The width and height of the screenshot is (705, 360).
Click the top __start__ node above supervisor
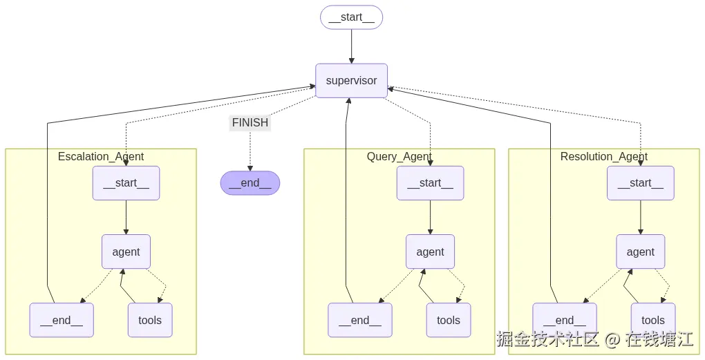tap(351, 17)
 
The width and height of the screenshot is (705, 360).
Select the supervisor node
tap(351, 81)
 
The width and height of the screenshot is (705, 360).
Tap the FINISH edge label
tap(250, 123)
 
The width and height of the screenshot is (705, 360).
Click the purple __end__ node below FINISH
tap(250, 183)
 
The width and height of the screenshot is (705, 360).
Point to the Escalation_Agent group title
tap(101, 156)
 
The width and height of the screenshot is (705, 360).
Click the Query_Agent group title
tap(399, 156)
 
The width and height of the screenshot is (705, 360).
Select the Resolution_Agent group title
tap(603, 156)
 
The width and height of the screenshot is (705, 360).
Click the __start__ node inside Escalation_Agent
tap(126, 183)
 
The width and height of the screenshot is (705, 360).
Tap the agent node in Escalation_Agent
tap(126, 252)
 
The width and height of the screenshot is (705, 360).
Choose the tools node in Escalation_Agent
tap(149, 320)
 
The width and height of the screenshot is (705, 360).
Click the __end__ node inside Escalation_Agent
tap(62, 320)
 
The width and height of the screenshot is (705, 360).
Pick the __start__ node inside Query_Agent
tap(430, 183)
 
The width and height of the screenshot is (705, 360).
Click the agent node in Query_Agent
tap(430, 252)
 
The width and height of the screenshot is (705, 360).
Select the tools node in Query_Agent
tap(448, 320)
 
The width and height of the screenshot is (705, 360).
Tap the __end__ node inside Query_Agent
tap(360, 320)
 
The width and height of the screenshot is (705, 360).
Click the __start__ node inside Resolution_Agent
tap(640, 183)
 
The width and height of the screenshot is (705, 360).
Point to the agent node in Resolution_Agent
tap(640, 252)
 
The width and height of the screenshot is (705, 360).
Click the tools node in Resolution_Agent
tap(652, 320)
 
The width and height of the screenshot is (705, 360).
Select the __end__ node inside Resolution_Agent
tap(565, 320)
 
